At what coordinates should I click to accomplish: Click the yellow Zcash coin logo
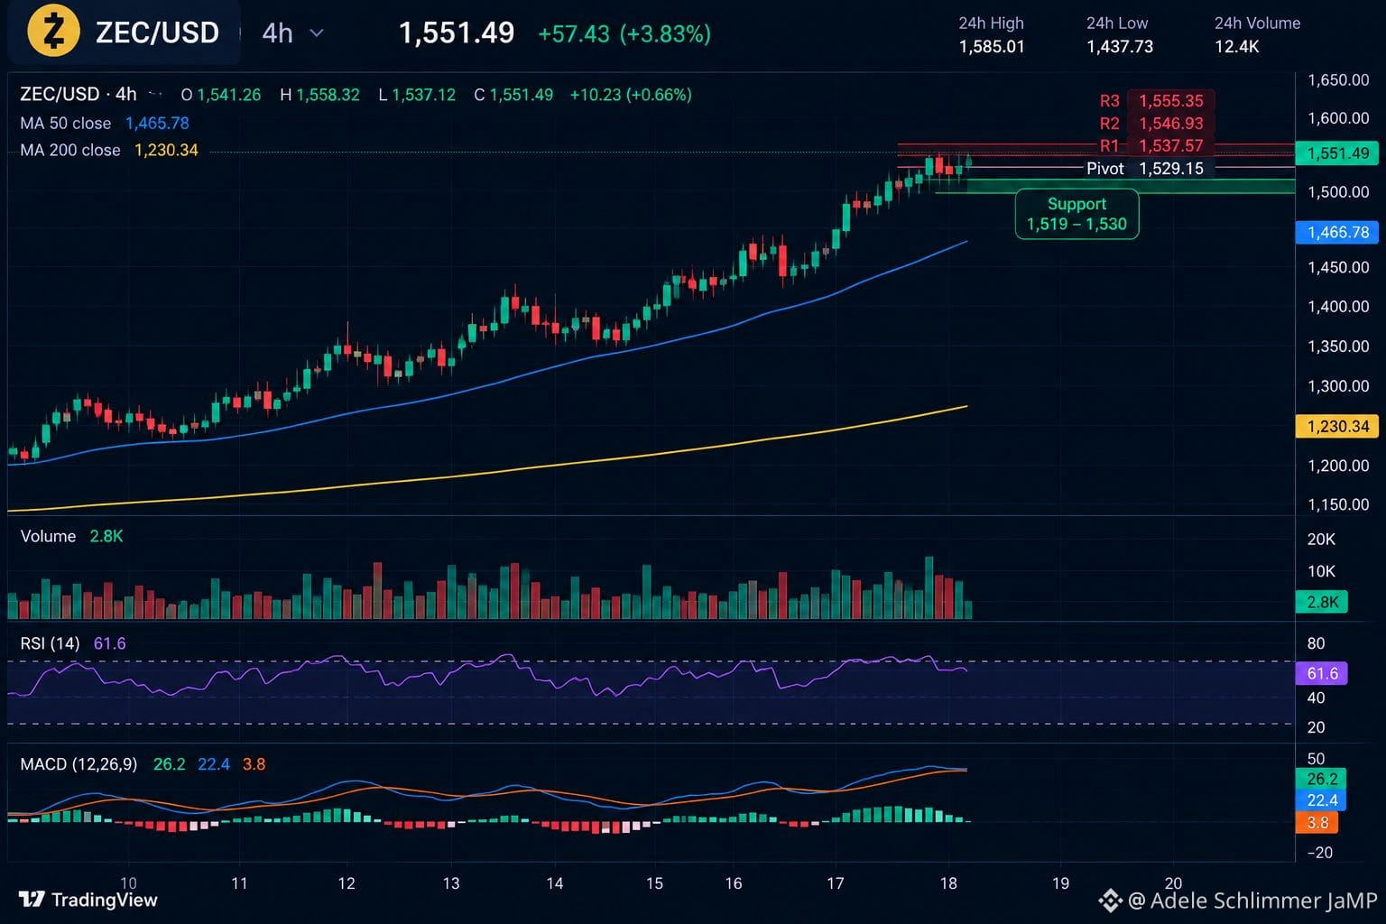(x=53, y=31)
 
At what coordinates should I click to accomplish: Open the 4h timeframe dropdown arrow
(x=316, y=32)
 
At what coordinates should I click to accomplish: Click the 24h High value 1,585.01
(x=992, y=46)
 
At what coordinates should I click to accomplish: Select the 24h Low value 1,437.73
(x=1119, y=46)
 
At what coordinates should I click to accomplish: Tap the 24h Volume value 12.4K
(x=1236, y=46)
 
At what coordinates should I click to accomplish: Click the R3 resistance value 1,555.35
(x=1170, y=101)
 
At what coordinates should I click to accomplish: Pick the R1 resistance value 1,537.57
(x=1170, y=146)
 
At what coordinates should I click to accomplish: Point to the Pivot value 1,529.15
(x=1170, y=169)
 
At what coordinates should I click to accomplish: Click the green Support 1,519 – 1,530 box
(x=1076, y=214)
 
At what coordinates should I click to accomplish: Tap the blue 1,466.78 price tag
(x=1337, y=232)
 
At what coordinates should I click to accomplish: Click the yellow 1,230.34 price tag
(x=1337, y=426)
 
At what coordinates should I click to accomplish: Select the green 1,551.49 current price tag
(x=1337, y=152)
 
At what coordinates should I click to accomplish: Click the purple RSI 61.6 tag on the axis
(x=1322, y=673)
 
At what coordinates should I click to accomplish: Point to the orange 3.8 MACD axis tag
(x=1317, y=823)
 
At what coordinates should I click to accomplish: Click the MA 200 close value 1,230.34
(x=166, y=150)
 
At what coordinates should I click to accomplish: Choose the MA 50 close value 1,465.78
(x=157, y=123)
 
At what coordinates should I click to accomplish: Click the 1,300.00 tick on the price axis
(x=1338, y=386)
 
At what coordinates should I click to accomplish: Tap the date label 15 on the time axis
(x=654, y=883)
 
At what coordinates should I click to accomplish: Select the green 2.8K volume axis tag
(x=1322, y=602)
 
